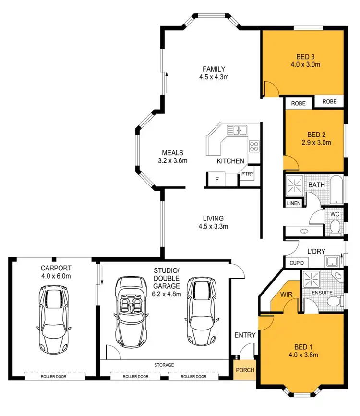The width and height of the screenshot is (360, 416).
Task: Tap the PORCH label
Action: [x=245, y=370]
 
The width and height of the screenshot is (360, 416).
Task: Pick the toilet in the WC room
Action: [x=336, y=226]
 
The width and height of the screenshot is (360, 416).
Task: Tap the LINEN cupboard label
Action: [x=293, y=204]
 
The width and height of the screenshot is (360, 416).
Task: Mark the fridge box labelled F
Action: [x=217, y=180]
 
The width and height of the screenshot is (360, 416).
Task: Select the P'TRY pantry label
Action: [x=248, y=174]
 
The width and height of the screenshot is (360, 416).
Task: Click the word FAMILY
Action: [x=214, y=69]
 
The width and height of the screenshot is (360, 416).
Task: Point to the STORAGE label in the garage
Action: [x=164, y=365]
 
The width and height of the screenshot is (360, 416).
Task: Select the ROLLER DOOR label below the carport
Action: [x=53, y=377]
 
